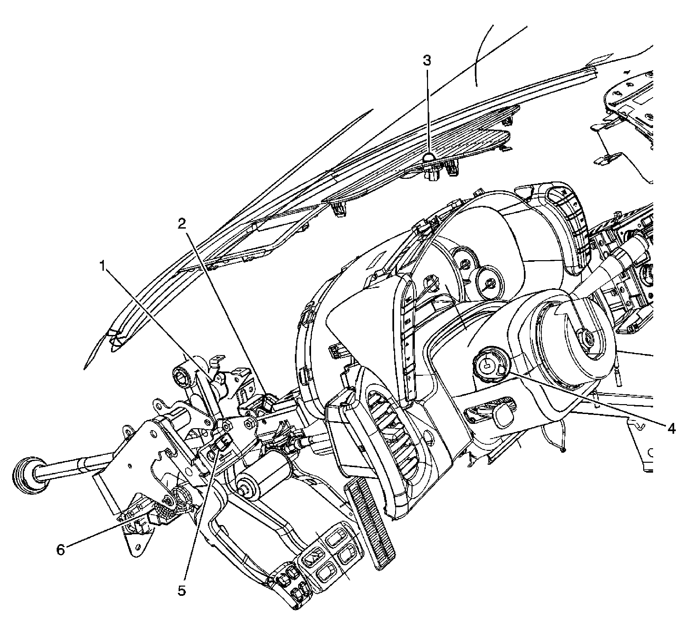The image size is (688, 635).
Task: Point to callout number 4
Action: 671,428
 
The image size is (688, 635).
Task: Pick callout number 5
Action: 182,591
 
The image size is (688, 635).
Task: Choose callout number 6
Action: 61,550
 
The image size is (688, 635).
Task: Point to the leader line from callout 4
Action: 585,399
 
